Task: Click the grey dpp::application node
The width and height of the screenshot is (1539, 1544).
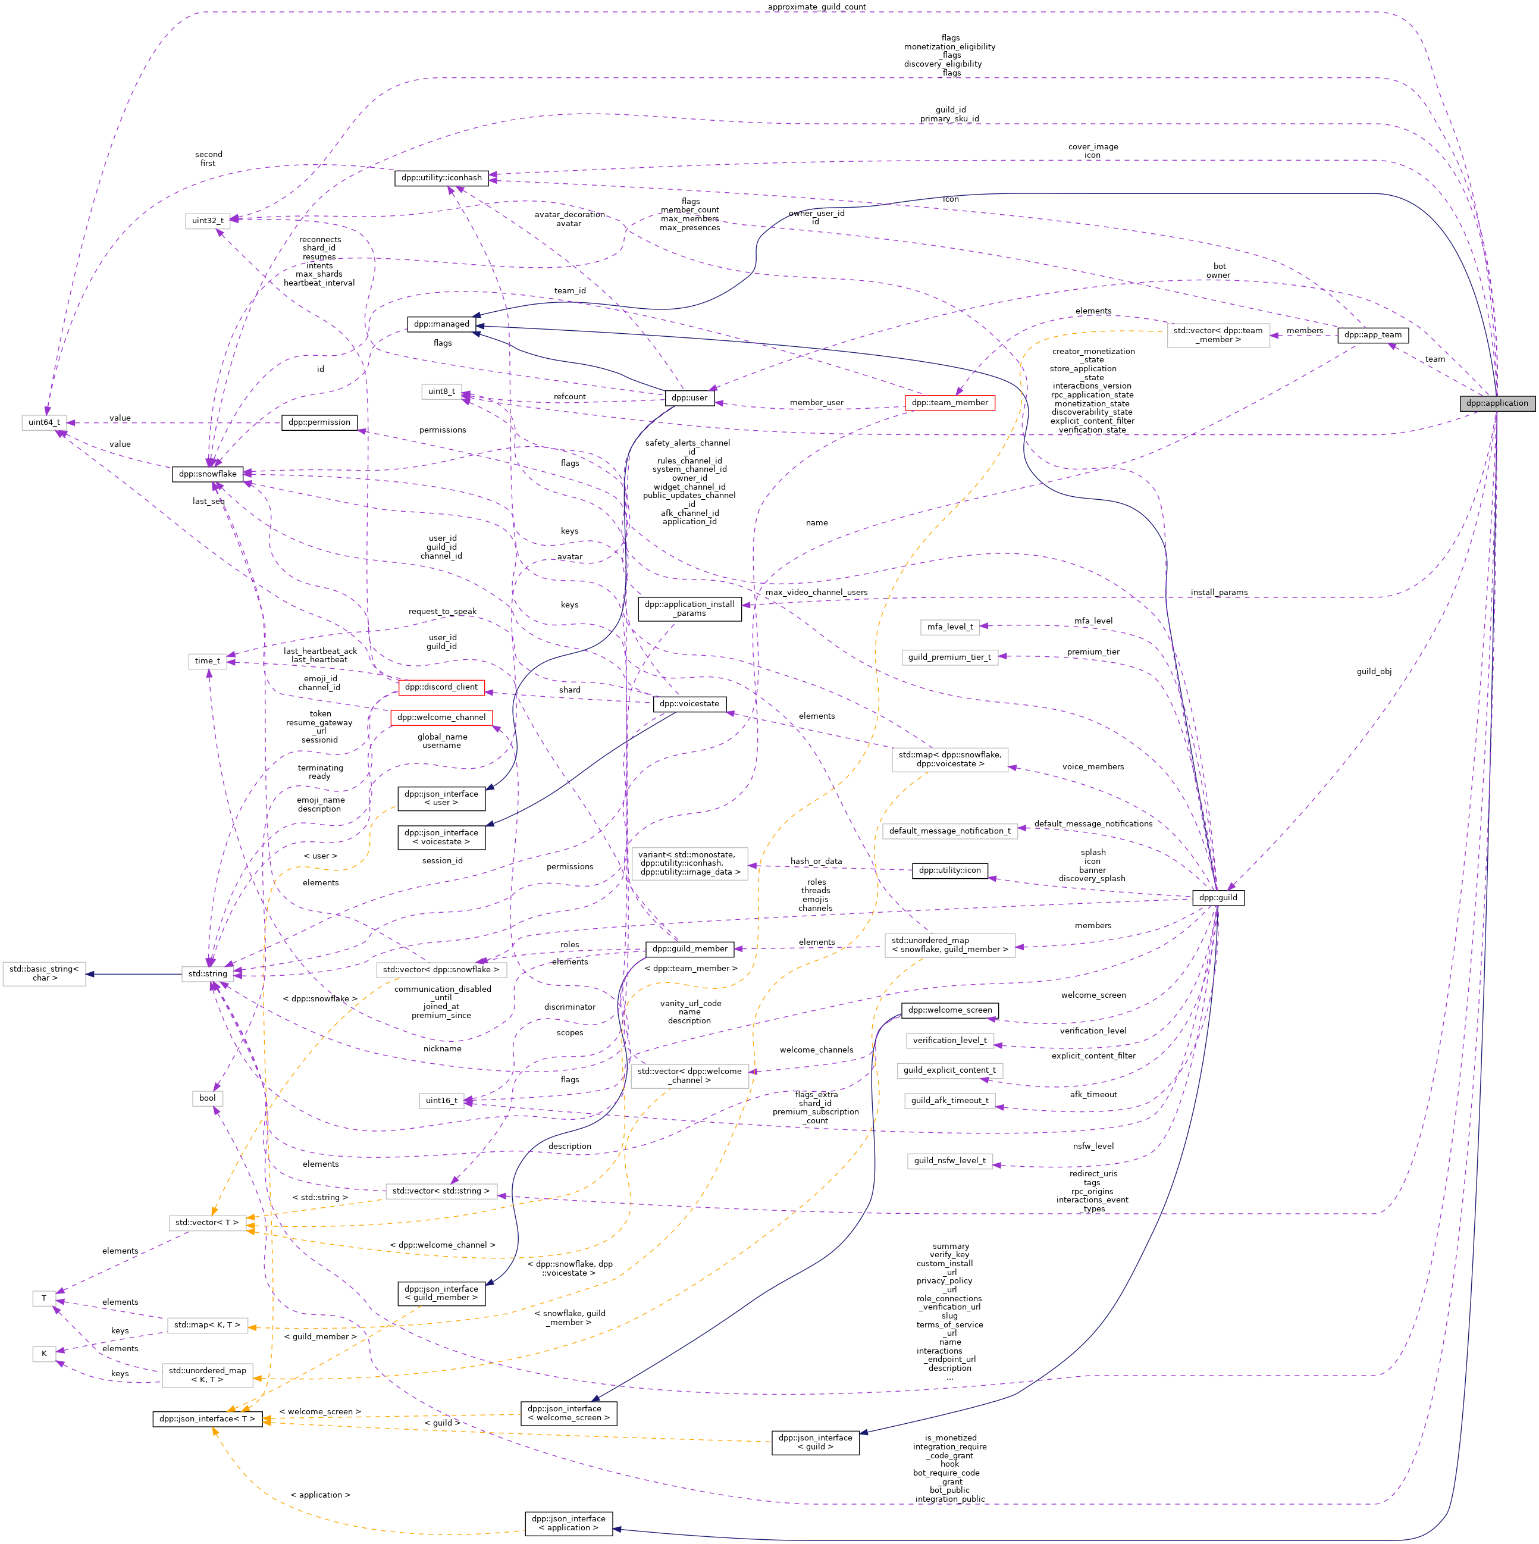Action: coord(1496,403)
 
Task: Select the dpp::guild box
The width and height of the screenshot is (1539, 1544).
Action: coord(1217,897)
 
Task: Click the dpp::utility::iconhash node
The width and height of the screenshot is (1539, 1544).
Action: coord(441,177)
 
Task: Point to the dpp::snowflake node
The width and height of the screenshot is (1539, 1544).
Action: coord(207,474)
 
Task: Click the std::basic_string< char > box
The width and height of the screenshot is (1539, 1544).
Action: coord(44,973)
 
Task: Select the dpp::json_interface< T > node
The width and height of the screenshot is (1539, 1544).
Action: coord(207,1418)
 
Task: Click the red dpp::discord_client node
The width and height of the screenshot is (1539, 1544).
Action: coord(441,687)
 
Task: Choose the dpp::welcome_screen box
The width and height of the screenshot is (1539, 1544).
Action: coord(949,1010)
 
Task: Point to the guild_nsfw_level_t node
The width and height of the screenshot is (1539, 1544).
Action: coord(949,1160)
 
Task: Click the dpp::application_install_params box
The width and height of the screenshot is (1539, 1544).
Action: coord(689,609)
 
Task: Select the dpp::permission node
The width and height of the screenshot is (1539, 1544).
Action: coord(319,422)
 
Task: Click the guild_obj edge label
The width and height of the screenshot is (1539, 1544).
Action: coord(1374,671)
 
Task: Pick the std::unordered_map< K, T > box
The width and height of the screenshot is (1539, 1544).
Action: coord(207,1374)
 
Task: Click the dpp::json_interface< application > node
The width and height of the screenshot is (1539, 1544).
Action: coord(568,1523)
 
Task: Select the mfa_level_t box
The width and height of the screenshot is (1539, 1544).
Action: coord(949,627)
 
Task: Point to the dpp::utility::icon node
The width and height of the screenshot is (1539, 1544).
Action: coord(949,870)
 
